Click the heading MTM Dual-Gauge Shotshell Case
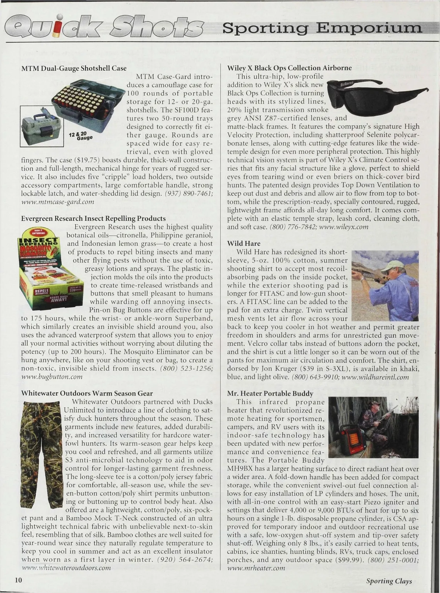(x=74, y=68)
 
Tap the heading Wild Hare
(x=243, y=244)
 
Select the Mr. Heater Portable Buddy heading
(x=270, y=394)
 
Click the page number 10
(x=19, y=581)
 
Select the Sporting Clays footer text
(x=389, y=581)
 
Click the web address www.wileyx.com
(x=344, y=227)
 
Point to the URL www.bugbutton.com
(x=51, y=377)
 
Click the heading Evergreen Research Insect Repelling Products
(x=93, y=219)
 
